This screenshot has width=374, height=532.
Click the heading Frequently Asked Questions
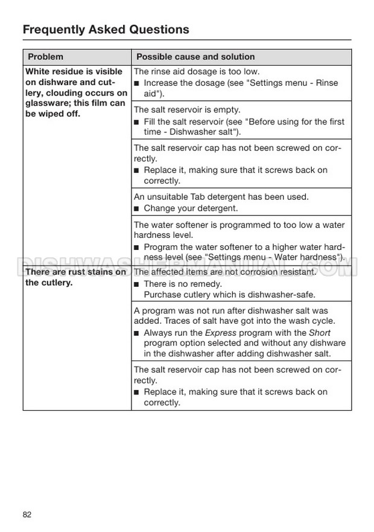pos(106,29)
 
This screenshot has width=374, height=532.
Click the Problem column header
pos(45,57)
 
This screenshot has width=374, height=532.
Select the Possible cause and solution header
pos(195,57)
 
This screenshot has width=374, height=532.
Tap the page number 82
pos(27,514)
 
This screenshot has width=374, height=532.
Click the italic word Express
pos(221,333)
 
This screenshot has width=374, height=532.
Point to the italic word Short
pos(320,333)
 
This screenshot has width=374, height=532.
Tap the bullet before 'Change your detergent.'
pos(137,209)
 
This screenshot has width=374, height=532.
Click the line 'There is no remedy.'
pos(183,284)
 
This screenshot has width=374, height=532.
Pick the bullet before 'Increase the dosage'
pos(137,83)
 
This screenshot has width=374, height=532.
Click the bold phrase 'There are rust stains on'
pos(75,272)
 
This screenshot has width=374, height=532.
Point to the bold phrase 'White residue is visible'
pos(74,71)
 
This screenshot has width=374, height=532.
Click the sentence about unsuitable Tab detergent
pos(221,197)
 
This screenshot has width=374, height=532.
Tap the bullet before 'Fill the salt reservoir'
pos(137,122)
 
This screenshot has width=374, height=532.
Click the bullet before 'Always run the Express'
pos(137,333)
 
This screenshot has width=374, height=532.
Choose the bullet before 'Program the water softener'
pos(137,248)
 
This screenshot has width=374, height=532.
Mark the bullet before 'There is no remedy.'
pos(137,284)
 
